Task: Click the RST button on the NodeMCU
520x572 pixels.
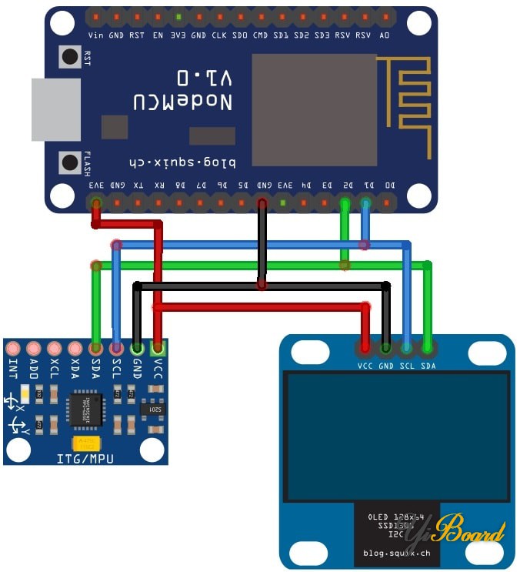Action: [71, 56]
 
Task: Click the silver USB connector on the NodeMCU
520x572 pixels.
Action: [55, 109]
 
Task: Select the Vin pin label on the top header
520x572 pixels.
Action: [96, 35]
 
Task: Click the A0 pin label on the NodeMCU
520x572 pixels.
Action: [385, 35]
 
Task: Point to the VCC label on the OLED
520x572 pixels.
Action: [365, 366]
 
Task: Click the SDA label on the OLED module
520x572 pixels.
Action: [428, 366]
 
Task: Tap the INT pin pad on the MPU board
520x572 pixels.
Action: [13, 349]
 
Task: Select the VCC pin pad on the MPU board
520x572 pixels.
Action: [157, 349]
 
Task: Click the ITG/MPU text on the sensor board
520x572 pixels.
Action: [85, 459]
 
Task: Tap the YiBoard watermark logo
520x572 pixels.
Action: [468, 531]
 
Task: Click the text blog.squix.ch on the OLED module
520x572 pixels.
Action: [395, 553]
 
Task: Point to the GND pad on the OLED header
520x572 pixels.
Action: [385, 349]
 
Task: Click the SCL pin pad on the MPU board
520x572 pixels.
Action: [116, 349]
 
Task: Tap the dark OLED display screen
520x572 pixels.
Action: [395, 436]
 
